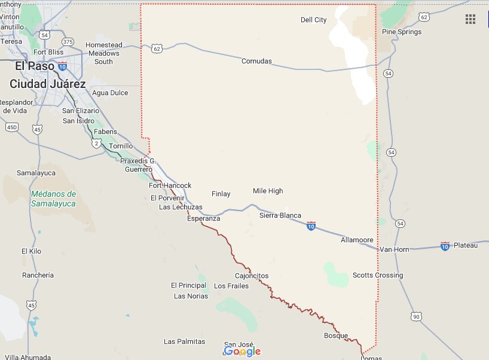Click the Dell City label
tap(313, 20)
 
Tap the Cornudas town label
tap(256, 61)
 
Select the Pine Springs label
tap(402, 32)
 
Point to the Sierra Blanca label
tap(280, 215)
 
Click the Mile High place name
tap(268, 191)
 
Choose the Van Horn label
tap(395, 249)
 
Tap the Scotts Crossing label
tap(377, 275)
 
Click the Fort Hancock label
tap(170, 185)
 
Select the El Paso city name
tap(35, 66)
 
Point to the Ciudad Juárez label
tap(47, 84)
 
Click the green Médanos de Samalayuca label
tap(53, 199)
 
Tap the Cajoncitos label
tap(252, 276)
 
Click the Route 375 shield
tap(68, 42)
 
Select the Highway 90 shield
tap(416, 316)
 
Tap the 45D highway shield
tap(11, 127)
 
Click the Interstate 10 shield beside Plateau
tap(444, 245)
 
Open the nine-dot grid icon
tap(470, 19)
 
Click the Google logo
tap(243, 351)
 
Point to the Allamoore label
tap(357, 240)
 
